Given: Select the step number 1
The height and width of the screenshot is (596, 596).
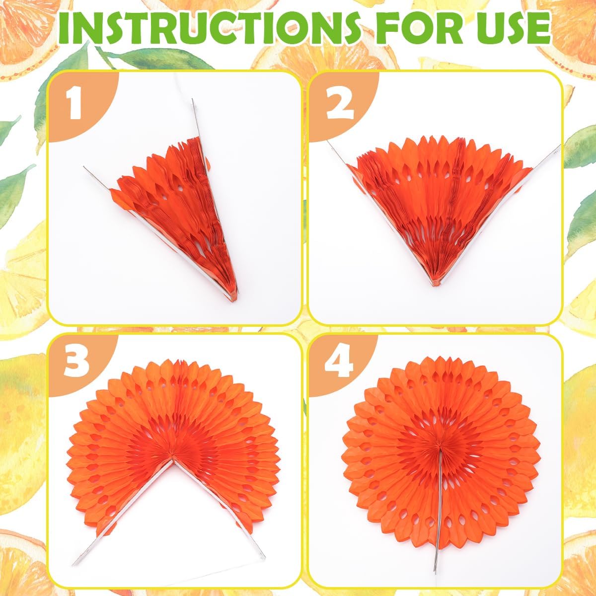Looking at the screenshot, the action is coord(74,104).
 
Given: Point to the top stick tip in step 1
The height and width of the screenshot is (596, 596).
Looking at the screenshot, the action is coord(192,100).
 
